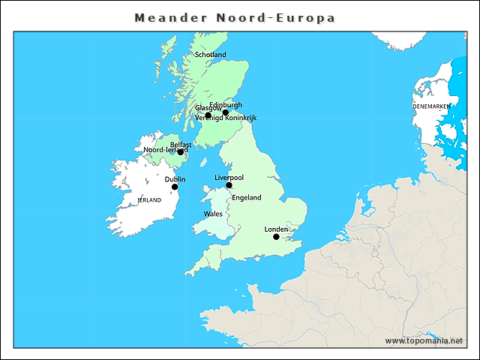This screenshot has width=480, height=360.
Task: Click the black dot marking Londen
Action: [276, 237]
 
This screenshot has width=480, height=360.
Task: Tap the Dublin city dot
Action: [175, 187]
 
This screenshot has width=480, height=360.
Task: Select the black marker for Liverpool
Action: [229, 185]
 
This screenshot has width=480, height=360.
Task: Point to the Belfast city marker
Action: [180, 152]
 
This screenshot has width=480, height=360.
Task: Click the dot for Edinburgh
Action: [225, 112]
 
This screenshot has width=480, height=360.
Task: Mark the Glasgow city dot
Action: [208, 115]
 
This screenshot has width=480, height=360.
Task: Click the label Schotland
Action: [210, 55]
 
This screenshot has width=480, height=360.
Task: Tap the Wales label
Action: [213, 214]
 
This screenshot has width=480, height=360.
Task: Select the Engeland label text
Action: [247, 198]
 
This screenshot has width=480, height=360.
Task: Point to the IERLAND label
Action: [149, 200]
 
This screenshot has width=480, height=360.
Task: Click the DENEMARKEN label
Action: [431, 107]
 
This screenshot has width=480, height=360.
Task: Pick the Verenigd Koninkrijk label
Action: [226, 118]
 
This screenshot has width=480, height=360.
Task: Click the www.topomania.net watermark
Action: [424, 341]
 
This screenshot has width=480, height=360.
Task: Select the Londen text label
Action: [276, 229]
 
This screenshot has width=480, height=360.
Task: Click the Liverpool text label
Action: [229, 178]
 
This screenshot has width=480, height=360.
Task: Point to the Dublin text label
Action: [175, 179]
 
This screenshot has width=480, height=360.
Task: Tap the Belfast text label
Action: [181, 145]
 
